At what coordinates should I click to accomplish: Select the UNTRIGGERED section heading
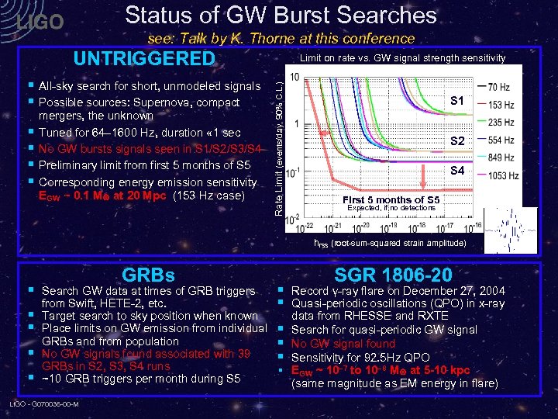[143, 59]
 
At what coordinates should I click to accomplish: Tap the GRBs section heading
[148, 274]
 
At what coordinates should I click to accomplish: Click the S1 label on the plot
[457, 102]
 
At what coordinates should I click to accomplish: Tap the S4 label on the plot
[457, 171]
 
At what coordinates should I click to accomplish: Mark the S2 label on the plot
[457, 141]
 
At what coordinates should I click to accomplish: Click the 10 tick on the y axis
[295, 77]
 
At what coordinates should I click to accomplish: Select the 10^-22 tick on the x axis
[294, 227]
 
